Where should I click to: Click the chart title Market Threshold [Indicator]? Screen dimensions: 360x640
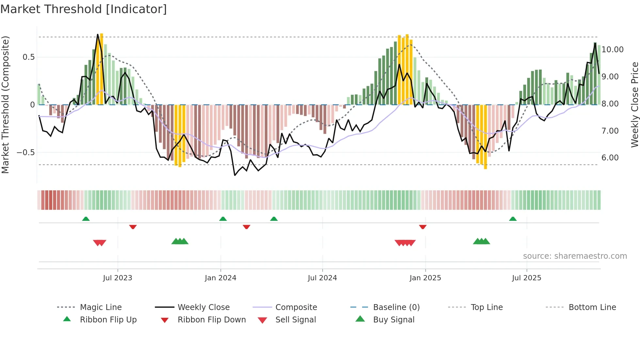(84, 9)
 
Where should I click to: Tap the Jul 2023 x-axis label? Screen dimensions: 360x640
(118, 278)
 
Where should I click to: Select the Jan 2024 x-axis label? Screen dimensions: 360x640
(220, 278)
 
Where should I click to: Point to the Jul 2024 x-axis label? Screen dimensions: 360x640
(322, 278)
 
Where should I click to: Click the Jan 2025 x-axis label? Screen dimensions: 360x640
(425, 278)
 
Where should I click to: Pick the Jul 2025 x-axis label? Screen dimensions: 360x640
(526, 278)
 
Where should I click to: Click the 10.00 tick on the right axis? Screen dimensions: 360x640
(613, 50)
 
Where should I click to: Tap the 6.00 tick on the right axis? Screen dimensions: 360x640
(610, 158)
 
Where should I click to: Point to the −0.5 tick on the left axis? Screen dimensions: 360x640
(26, 153)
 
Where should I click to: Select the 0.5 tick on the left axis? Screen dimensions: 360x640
(28, 57)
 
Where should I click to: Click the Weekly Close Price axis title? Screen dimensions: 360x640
(634, 105)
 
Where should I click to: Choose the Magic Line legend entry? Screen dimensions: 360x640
(101, 307)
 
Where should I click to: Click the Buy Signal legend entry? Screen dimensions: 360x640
(393, 320)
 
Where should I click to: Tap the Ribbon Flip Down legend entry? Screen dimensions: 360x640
(211, 320)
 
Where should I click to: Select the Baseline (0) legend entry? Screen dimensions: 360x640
(396, 307)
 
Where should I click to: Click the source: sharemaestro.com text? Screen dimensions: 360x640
(575, 256)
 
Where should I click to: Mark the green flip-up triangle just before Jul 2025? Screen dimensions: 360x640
(513, 219)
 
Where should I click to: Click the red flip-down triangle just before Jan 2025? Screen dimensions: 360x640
(423, 227)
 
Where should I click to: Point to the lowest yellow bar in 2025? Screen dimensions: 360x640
(486, 137)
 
